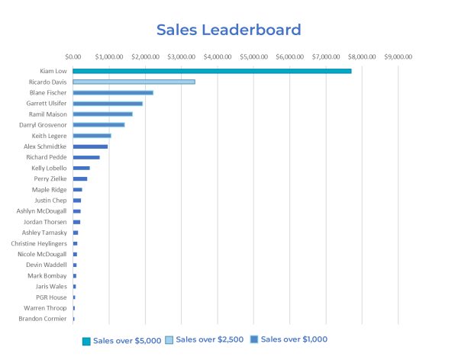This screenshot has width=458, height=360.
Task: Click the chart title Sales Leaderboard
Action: click(228, 31)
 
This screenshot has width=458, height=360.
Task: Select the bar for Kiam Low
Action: click(212, 71)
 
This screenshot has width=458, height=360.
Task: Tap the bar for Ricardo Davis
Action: click(134, 82)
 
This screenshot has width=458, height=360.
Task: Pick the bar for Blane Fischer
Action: click(113, 92)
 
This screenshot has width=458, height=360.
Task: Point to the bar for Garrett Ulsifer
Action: click(108, 103)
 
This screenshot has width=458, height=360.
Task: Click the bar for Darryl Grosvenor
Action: click(98, 124)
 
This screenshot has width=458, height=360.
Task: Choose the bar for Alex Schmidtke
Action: click(90, 146)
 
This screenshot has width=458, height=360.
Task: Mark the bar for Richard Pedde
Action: click(86, 157)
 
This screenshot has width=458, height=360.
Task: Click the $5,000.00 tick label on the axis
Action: click(253, 56)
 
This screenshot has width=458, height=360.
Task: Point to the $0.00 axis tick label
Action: click(73, 56)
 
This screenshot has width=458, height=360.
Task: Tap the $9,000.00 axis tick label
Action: click(398, 56)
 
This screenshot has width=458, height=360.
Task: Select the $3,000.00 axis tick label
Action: click(181, 56)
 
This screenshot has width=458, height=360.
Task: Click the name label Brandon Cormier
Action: click(43, 318)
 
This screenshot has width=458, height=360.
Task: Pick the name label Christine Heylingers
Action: click(39, 243)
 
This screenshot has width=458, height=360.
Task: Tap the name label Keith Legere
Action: click(49, 136)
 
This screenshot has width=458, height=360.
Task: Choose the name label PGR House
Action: click(51, 297)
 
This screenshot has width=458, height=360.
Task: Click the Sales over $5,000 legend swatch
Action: click(86, 341)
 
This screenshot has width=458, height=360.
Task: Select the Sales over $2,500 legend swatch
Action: click(169, 340)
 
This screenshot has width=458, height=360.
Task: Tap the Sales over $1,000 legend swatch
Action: click(255, 340)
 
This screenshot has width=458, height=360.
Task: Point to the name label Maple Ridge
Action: click(49, 189)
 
